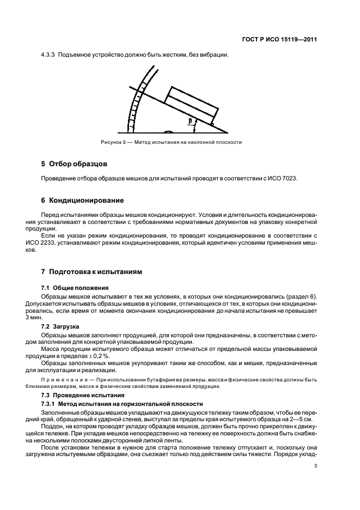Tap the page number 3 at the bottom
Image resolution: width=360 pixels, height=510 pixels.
click(316, 465)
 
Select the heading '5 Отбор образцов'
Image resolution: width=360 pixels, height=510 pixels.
click(75, 163)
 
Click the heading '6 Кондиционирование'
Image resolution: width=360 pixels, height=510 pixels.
click(82, 200)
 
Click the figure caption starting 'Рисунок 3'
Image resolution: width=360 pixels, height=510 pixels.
click(171, 142)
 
